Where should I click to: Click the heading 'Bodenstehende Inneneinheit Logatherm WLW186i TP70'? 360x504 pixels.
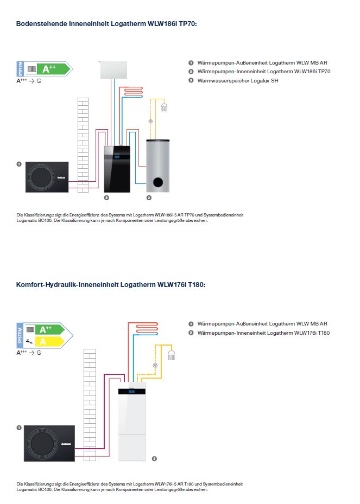(106, 23)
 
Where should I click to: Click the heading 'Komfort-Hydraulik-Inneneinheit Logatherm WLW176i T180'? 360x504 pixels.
(111, 284)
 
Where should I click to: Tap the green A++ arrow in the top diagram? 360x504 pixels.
(53, 69)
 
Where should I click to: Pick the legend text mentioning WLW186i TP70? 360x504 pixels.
(264, 72)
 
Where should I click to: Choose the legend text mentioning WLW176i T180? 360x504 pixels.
(263, 333)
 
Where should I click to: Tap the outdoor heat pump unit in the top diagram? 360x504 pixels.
(44, 176)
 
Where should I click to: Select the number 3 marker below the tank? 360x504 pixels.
(149, 197)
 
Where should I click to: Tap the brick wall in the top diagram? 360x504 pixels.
(83, 144)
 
